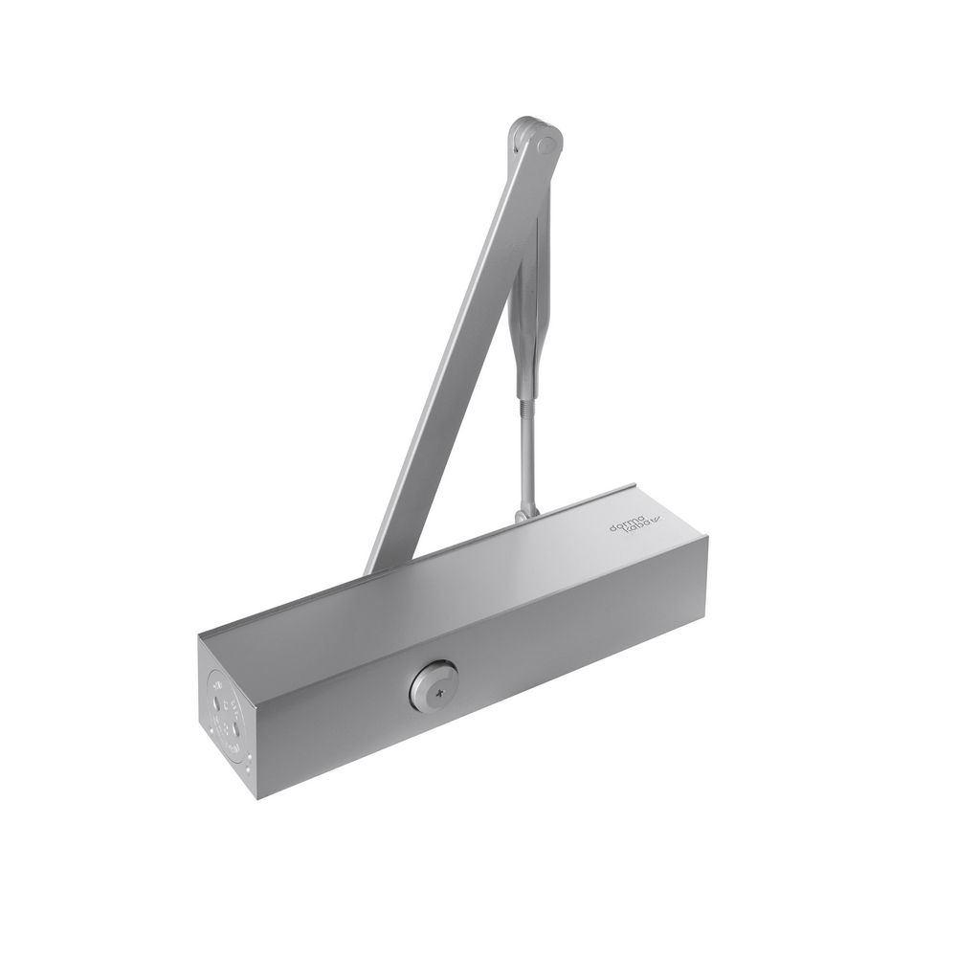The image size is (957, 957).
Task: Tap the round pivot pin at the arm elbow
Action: [546, 145]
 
